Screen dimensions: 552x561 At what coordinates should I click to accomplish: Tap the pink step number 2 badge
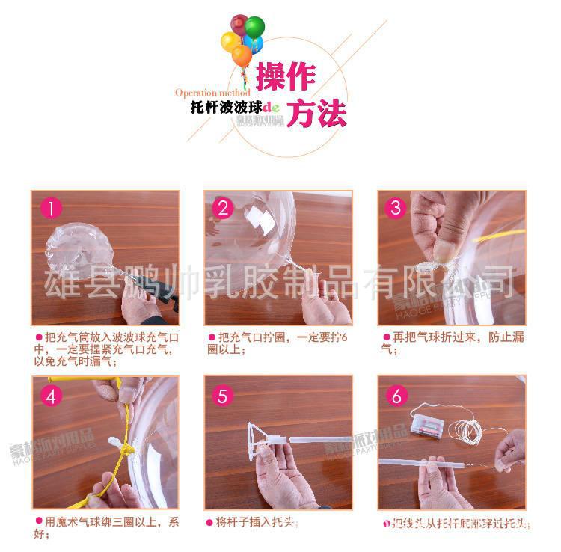tap(223, 209)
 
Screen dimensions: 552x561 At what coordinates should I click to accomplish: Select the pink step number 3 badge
tap(396, 209)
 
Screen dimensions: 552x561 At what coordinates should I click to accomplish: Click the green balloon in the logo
tap(254, 28)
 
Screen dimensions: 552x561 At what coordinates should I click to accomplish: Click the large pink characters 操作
tap(286, 76)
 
